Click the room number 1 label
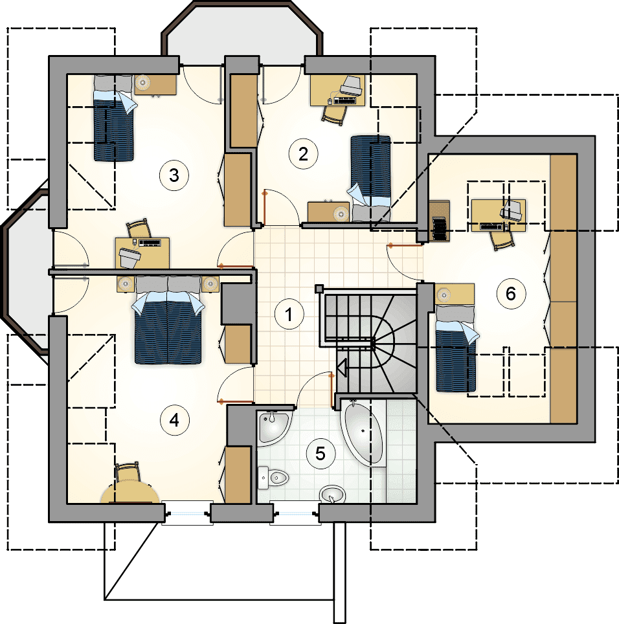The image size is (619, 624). tap(289, 315)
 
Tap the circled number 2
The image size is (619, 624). tap(303, 153)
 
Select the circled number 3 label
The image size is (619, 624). tap(174, 175)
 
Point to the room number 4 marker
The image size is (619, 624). tap(174, 420)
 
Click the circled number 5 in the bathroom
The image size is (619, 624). tap(321, 453)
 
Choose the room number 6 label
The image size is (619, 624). tap(511, 294)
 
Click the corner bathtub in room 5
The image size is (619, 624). tap(363, 432)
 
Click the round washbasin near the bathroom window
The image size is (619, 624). tap(332, 495)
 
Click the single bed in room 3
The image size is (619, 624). tap(114, 118)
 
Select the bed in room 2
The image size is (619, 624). tap(370, 179)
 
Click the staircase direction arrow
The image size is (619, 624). tap(342, 367)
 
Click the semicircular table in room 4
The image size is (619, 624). tap(131, 490)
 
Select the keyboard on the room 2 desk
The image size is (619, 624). tap(345, 100)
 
